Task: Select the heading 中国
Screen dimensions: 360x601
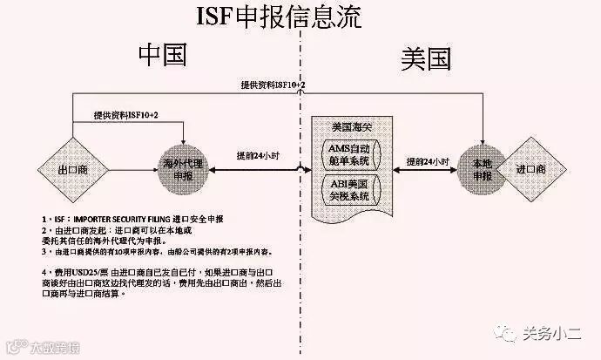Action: pos(163,56)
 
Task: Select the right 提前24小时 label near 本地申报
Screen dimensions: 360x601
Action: pos(428,162)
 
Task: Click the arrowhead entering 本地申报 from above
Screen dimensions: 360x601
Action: pos(482,139)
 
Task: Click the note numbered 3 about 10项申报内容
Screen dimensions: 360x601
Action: pos(144,253)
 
